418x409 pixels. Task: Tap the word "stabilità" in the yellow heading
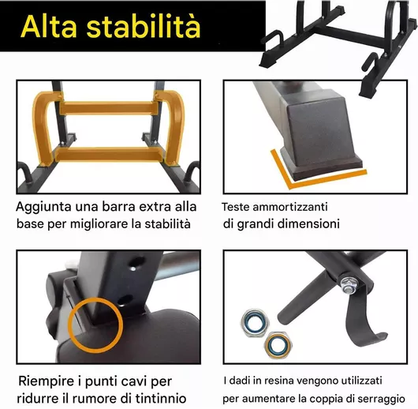[x=144, y=26]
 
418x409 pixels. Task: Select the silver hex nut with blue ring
[x=255, y=323]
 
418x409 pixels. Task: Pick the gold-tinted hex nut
[x=278, y=345]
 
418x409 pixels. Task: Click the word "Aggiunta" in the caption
[x=43, y=208]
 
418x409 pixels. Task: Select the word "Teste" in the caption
[x=236, y=207]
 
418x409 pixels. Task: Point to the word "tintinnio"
[x=161, y=399]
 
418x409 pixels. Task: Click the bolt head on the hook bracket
[x=348, y=284]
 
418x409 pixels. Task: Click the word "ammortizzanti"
[x=290, y=207]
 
